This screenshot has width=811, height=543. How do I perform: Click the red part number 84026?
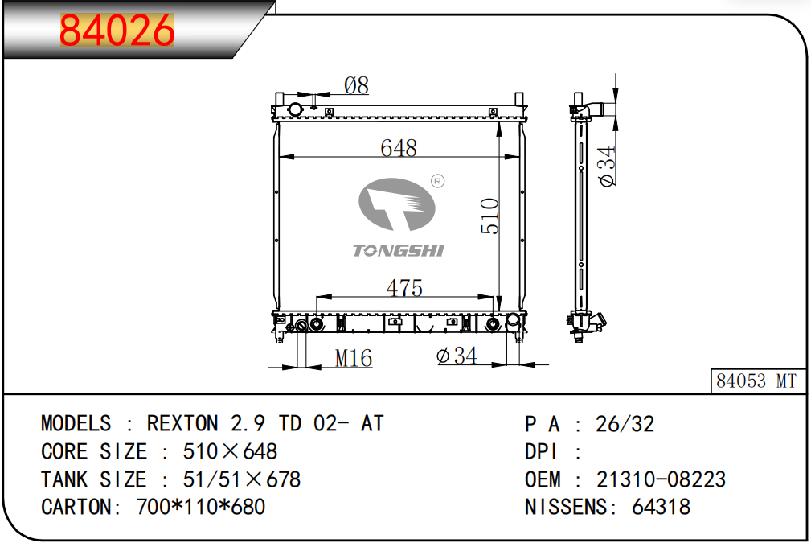(117, 30)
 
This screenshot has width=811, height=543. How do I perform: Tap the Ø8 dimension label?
(356, 85)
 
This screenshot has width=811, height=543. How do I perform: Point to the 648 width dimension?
(398, 148)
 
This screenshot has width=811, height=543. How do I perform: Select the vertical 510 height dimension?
(489, 216)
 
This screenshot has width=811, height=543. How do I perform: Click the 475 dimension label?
(404, 288)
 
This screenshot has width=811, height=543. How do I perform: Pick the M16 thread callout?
(354, 358)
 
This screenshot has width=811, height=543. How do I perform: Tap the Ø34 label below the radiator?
(457, 356)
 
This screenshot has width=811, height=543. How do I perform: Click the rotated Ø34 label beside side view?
(607, 167)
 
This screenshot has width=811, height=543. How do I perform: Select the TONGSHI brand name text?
(398, 251)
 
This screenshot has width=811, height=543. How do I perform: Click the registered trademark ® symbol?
(437, 181)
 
